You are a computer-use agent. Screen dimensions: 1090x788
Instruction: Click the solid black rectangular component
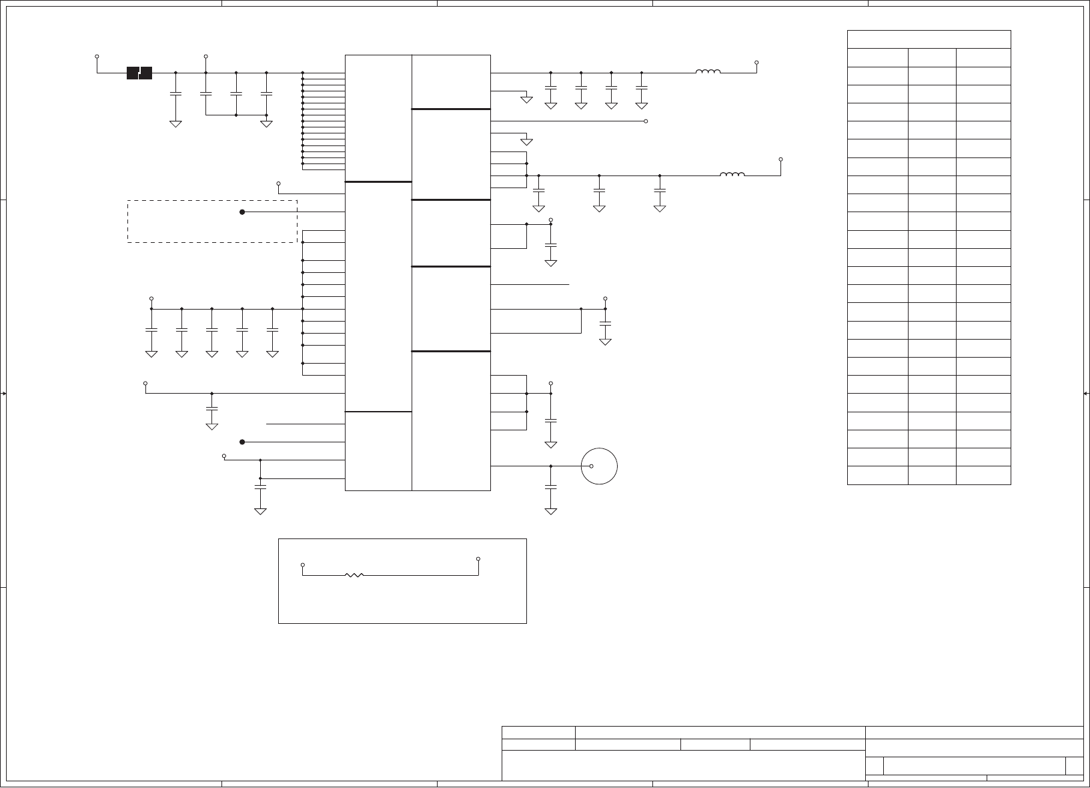click(139, 73)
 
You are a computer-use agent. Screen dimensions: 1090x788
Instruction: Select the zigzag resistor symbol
click(354, 574)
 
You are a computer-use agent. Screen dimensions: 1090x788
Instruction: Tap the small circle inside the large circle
click(592, 466)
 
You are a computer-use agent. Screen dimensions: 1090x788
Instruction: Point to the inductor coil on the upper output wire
click(708, 72)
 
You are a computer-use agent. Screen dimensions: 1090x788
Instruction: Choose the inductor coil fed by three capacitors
click(732, 175)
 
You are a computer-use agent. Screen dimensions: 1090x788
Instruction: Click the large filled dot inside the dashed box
click(242, 212)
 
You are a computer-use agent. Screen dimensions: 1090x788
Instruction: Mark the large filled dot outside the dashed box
click(242, 442)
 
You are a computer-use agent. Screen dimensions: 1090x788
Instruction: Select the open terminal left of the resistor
click(303, 564)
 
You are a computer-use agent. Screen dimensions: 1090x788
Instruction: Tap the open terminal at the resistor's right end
click(478, 558)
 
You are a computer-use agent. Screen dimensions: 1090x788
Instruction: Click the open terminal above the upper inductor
click(756, 62)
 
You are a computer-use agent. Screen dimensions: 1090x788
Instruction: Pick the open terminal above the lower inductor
click(780, 159)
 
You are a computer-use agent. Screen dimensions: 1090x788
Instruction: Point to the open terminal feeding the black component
click(97, 57)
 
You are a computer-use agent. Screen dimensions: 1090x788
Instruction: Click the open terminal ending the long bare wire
click(646, 121)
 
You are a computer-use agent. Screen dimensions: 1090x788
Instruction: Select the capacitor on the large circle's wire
click(551, 488)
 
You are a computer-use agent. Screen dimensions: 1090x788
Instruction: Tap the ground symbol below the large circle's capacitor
click(551, 511)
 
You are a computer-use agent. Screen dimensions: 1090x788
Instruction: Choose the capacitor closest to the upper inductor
click(642, 87)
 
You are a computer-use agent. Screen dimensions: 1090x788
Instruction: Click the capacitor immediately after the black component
click(175, 94)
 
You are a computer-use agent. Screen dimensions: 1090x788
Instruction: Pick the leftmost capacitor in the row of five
click(151, 330)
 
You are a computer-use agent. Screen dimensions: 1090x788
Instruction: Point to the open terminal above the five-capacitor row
click(151, 299)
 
